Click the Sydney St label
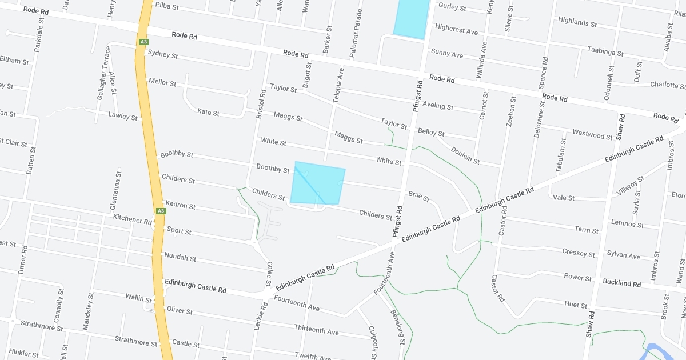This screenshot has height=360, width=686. (162, 55)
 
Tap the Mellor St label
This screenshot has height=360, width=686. (162, 82)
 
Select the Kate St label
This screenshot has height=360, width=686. (208, 112)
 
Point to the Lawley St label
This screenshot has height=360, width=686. (123, 117)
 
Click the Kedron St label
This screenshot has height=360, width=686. (180, 205)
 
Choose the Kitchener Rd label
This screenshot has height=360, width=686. (133, 219)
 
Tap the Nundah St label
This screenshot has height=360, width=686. (180, 257)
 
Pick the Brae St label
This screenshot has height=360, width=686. (418, 196)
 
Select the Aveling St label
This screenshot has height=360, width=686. (437, 106)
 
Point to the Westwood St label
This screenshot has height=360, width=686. (592, 135)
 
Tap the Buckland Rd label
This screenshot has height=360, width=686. (621, 283)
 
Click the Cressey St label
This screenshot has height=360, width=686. (578, 253)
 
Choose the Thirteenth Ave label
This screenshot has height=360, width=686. (316, 330)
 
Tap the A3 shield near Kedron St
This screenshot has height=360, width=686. (161, 211)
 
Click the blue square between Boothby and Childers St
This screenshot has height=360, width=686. (317, 184)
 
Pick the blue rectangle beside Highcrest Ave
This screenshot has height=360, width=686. (411, 17)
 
